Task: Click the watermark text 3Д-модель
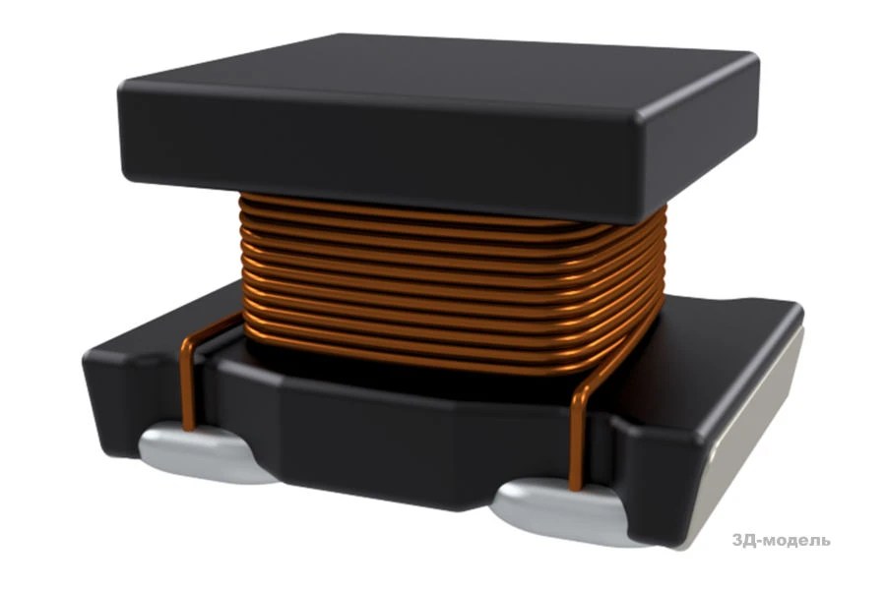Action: pyautogui.click(x=781, y=540)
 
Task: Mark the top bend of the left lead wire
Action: pyautogui.click(x=193, y=338)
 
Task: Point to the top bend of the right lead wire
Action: pyautogui.click(x=583, y=390)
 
